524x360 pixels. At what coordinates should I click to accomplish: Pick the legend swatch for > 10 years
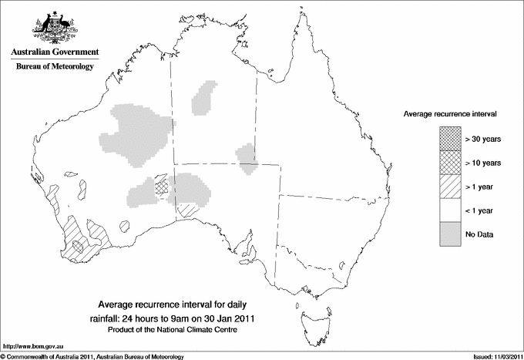[448, 162]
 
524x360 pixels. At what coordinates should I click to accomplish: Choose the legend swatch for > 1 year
[448, 186]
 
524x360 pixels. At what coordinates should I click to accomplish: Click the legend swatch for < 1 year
[448, 210]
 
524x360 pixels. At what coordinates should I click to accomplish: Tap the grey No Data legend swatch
[448, 234]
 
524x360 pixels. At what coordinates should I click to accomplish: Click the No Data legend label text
[479, 234]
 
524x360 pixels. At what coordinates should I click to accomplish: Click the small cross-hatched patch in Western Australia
[161, 185]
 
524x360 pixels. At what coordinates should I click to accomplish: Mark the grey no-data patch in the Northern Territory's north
[205, 98]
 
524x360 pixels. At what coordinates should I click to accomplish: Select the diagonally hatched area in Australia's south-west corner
[82, 237]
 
